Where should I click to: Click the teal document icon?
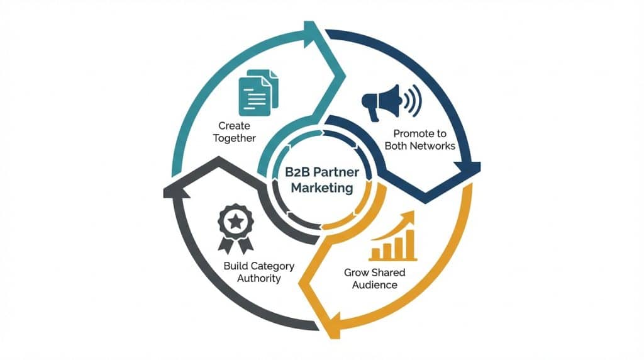tap(258, 93)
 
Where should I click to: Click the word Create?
tap(235, 126)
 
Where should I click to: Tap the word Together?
tap(235, 138)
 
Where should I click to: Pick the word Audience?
tap(375, 284)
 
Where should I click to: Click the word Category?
tap(272, 266)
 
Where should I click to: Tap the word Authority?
tap(258, 278)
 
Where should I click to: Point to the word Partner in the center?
tap(337, 171)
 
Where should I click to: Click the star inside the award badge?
tap(235, 221)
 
